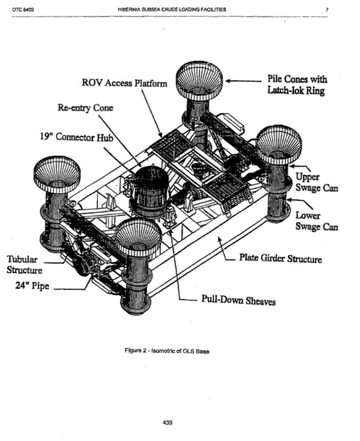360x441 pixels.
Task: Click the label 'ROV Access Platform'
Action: [x=125, y=83]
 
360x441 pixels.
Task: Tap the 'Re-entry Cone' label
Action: [x=85, y=108]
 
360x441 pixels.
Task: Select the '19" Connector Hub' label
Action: [x=71, y=138]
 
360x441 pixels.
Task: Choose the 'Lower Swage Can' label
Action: [x=316, y=221]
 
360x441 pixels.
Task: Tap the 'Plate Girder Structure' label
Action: [x=281, y=259]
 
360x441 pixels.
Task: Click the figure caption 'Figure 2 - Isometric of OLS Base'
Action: [x=167, y=351]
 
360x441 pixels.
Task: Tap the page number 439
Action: [x=167, y=422]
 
